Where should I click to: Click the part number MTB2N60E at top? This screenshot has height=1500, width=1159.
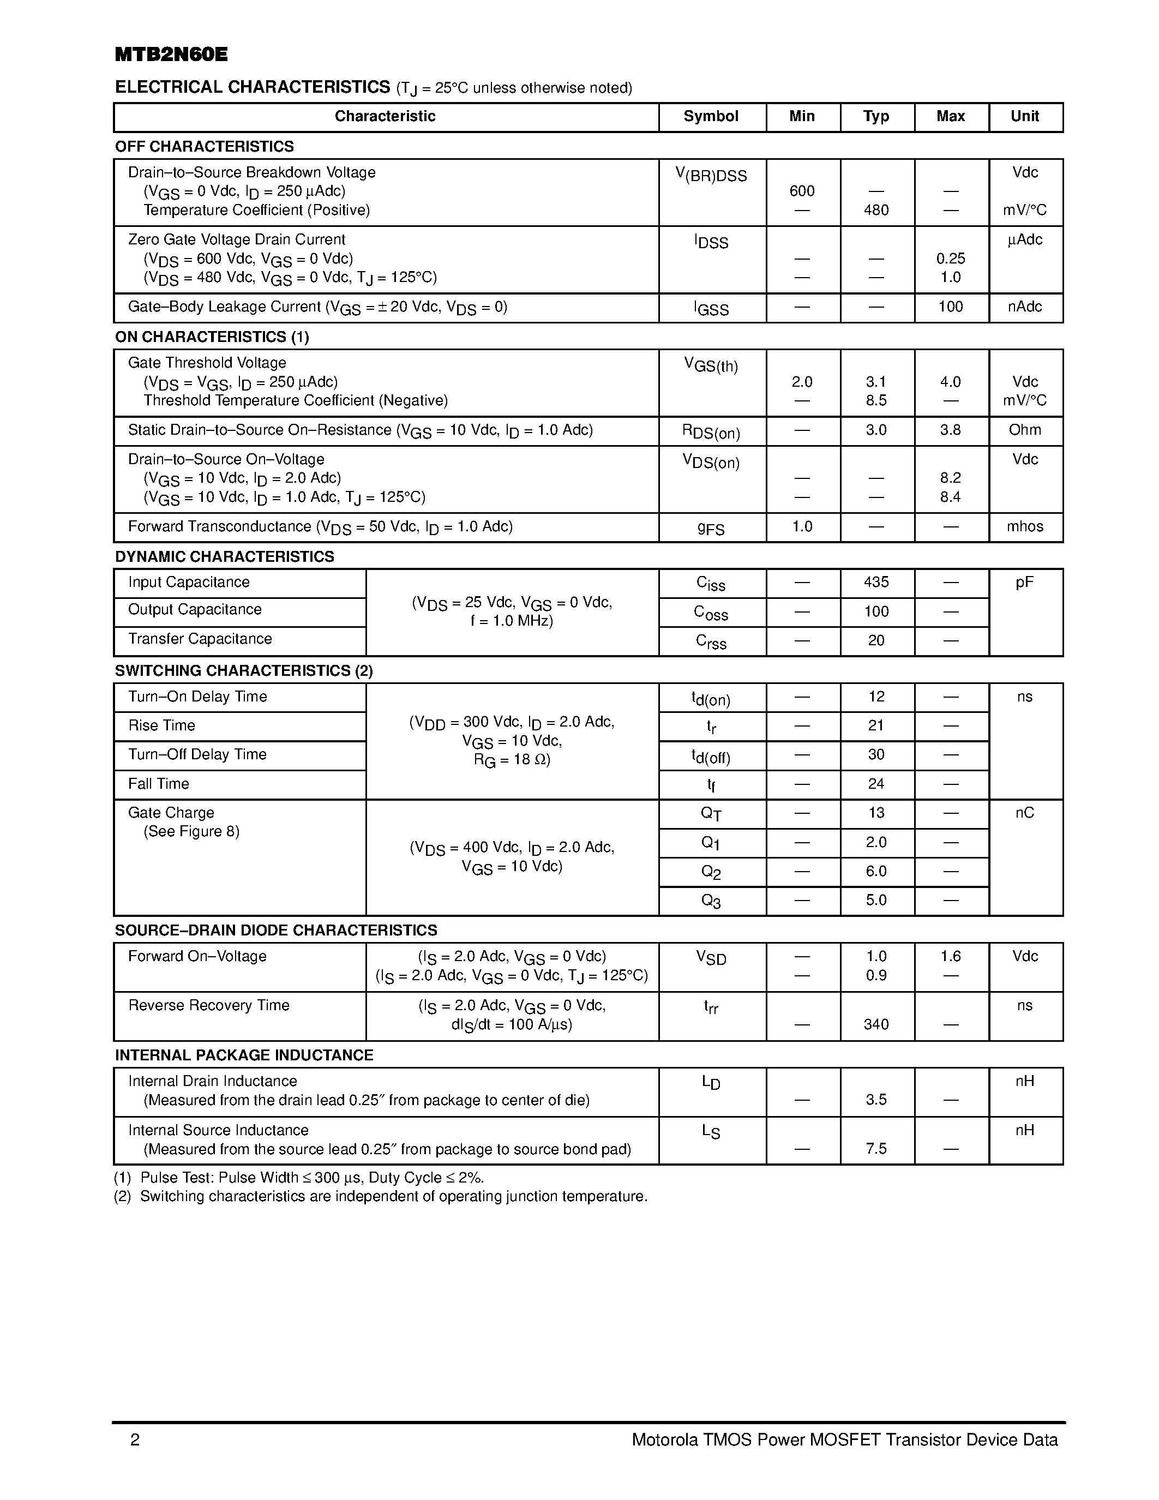(171, 55)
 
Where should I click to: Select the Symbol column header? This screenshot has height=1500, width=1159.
(711, 116)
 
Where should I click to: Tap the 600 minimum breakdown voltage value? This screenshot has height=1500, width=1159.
(802, 191)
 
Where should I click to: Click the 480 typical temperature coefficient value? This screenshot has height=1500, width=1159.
(876, 210)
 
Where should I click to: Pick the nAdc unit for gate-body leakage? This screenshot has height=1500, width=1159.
(1024, 307)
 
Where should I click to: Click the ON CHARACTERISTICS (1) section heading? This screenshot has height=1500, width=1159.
(212, 337)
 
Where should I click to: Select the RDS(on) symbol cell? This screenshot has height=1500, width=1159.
(711, 431)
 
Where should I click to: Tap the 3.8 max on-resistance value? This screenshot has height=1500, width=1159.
(950, 430)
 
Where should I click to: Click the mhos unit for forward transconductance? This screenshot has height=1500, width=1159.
(1024, 527)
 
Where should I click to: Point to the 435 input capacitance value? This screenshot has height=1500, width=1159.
(876, 583)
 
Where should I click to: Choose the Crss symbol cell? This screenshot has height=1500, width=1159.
(711, 641)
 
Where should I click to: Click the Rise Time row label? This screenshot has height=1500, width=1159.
(161, 726)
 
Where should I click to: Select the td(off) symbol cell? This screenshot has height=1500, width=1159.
(711, 756)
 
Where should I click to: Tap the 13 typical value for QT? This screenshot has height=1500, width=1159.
(876, 813)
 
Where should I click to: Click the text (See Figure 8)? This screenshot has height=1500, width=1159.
(191, 832)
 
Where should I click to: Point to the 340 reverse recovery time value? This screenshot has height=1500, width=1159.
(876, 1025)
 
